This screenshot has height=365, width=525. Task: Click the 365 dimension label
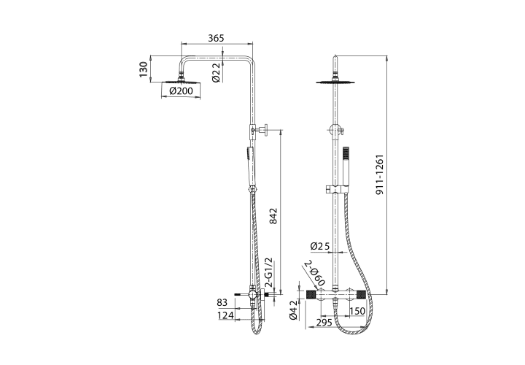(x=216, y=38)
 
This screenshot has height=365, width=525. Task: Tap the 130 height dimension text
(x=144, y=69)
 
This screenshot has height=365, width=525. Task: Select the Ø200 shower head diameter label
(x=181, y=91)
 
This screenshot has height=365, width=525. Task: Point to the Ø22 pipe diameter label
(x=216, y=72)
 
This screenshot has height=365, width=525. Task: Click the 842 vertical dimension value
(x=273, y=216)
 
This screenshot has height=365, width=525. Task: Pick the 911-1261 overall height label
(x=379, y=175)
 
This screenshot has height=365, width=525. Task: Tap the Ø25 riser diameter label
(x=320, y=246)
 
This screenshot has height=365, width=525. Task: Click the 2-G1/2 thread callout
(x=269, y=273)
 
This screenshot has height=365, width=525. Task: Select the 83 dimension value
(x=222, y=302)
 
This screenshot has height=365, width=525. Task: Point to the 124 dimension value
(x=225, y=315)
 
